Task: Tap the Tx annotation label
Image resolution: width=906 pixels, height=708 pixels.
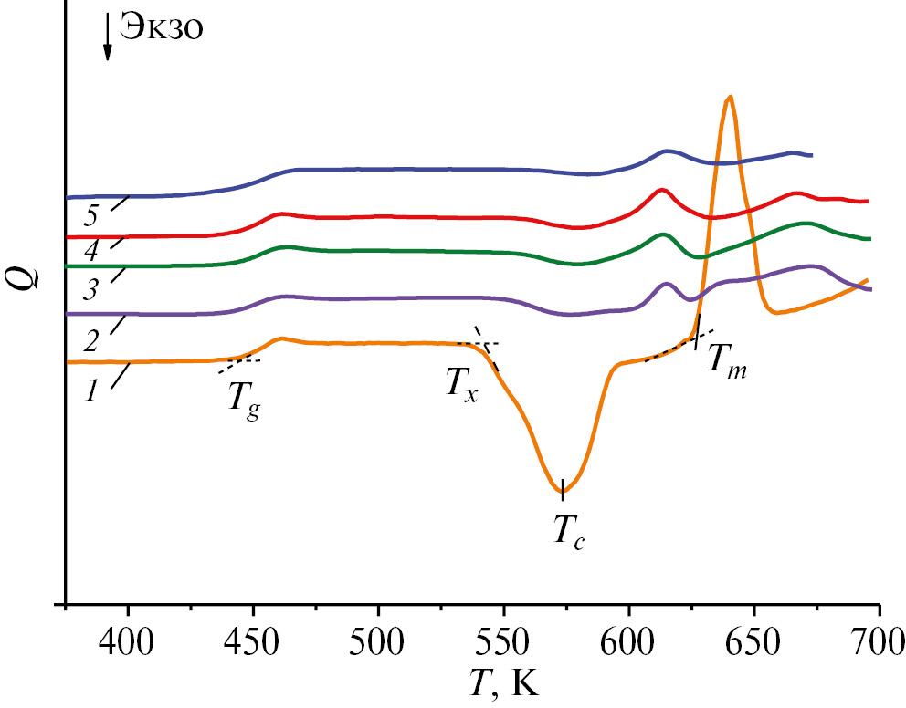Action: click(462, 383)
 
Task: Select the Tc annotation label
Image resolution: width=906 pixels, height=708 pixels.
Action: click(567, 530)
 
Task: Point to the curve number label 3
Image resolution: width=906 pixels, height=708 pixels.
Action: click(90, 290)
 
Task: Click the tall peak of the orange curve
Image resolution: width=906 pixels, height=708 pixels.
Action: click(729, 97)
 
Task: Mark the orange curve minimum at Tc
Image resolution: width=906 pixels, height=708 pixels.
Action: click(562, 491)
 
